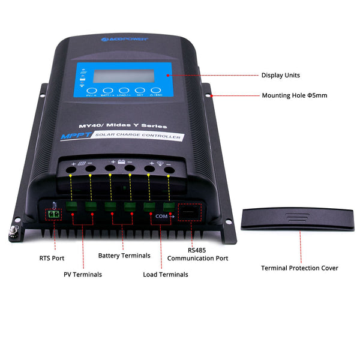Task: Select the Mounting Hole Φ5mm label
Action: [x=295, y=95]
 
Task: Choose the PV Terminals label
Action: [x=83, y=274]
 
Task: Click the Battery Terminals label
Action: [x=124, y=256]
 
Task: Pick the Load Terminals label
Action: [x=166, y=274]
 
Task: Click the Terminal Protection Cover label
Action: [x=299, y=268]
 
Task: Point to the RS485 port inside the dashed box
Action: [x=190, y=212]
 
